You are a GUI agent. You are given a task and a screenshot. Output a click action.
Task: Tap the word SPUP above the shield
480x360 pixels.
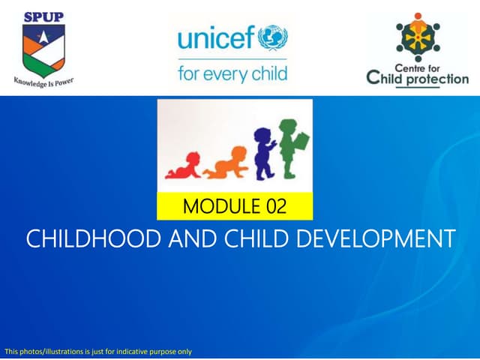pyautogui.click(x=43, y=16)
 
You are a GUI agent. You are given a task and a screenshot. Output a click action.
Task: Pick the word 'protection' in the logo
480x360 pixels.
pyautogui.click(x=436, y=79)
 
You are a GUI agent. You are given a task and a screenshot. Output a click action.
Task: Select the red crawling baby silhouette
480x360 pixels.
pyautogui.click(x=184, y=166)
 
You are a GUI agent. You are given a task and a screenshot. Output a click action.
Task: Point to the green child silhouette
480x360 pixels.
pyautogui.click(x=288, y=146)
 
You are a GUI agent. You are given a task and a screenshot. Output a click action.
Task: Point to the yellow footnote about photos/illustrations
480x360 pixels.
pyautogui.click(x=98, y=351)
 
